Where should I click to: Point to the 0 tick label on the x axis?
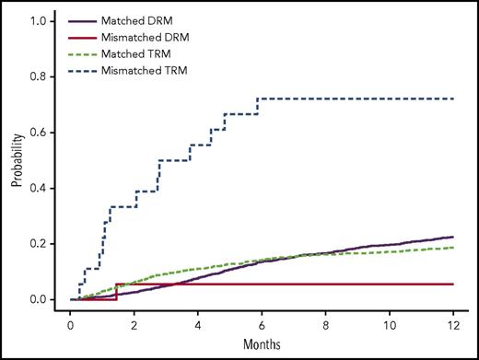click(x=71, y=325)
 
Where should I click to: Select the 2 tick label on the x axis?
click(x=134, y=325)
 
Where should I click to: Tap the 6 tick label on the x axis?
click(x=262, y=325)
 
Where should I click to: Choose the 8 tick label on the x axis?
click(x=325, y=325)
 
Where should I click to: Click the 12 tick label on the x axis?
click(x=452, y=325)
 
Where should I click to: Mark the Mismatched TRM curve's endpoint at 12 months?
click(x=452, y=99)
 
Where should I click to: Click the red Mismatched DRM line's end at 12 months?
click(x=452, y=285)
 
